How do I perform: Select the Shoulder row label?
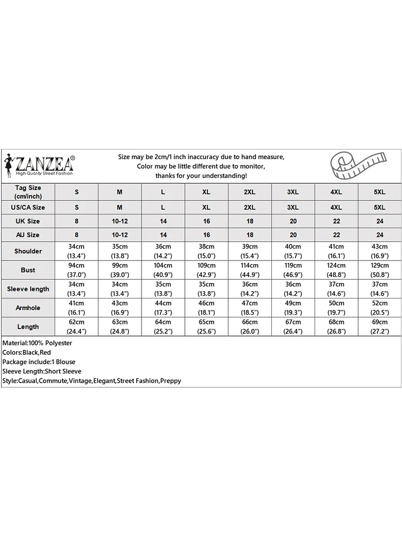click(28, 251)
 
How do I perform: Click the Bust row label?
click(28, 270)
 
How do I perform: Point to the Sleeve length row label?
click(28, 289)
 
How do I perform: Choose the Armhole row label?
click(28, 308)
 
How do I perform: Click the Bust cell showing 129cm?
click(379, 270)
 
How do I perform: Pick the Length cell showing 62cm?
click(76, 326)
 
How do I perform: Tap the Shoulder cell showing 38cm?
click(206, 251)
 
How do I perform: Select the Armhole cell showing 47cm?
click(250, 308)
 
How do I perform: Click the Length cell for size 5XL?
click(379, 326)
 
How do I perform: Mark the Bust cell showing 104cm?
click(163, 270)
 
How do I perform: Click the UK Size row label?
click(28, 221)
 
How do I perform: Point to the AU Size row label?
click(28, 235)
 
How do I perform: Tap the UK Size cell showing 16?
click(206, 221)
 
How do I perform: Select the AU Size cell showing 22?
click(336, 235)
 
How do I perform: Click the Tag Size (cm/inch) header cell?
click(28, 192)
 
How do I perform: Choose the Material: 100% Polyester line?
click(37, 343)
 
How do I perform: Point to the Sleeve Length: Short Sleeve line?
click(42, 371)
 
